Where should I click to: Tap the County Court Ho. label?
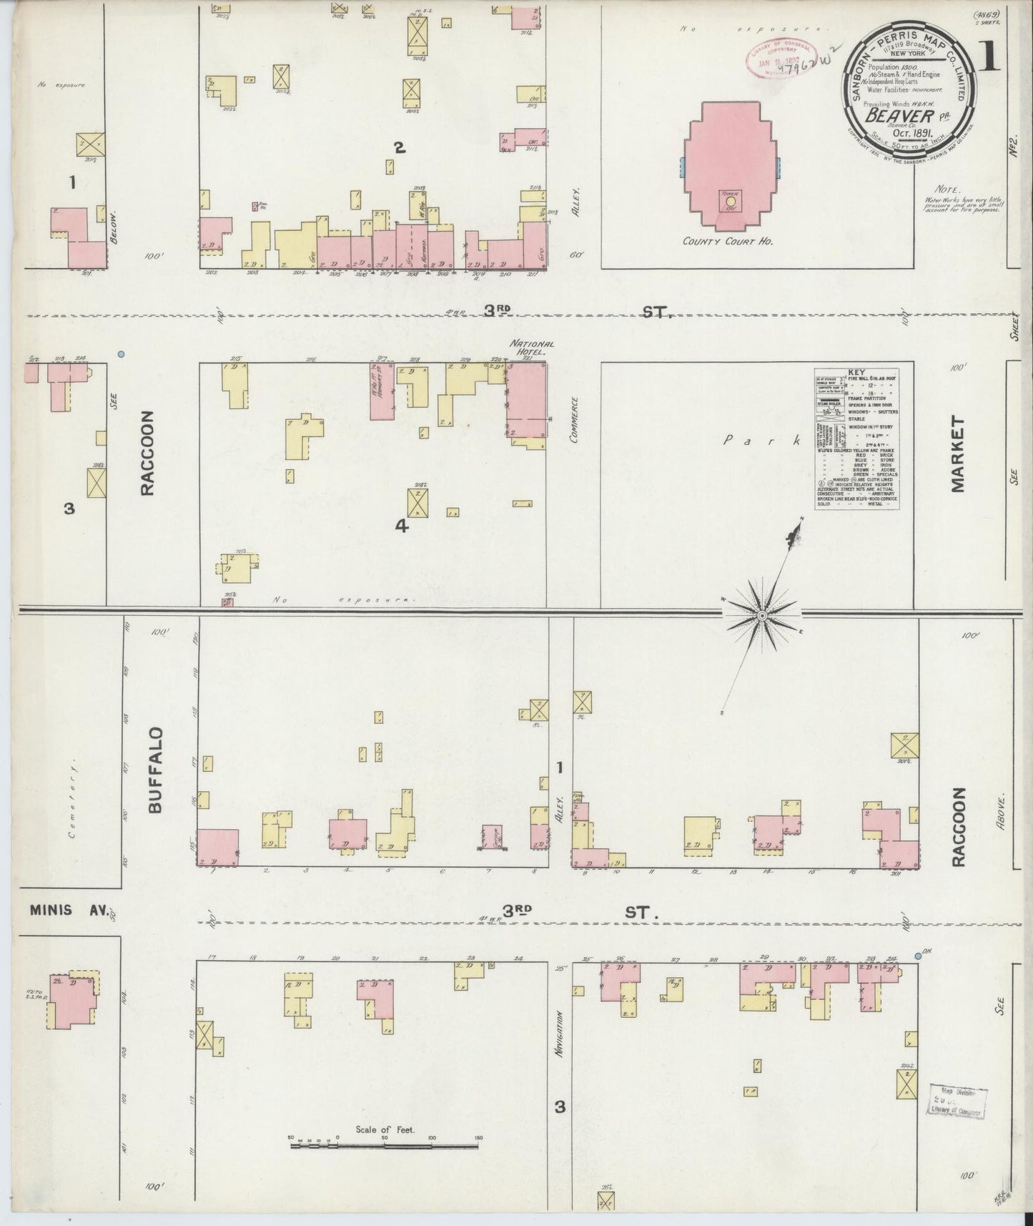click(x=728, y=241)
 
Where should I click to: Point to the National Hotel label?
click(x=528, y=348)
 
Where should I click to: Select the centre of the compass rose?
click(x=763, y=615)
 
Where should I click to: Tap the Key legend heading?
click(x=856, y=373)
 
